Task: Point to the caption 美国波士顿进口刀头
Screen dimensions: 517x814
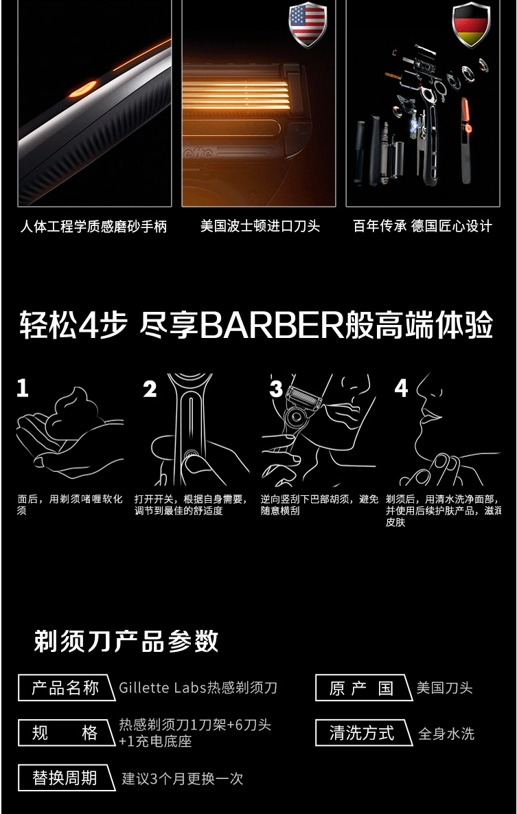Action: point(260,227)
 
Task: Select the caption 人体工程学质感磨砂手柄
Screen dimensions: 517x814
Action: point(93,227)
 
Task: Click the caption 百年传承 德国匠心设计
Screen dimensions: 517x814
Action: point(422,227)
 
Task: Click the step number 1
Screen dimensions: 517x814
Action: point(23,388)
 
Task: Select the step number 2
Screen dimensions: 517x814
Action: point(150,389)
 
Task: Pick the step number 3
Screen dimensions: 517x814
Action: point(276,389)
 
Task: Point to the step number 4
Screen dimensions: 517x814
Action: point(401,388)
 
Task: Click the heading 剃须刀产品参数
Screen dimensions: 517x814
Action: point(126,642)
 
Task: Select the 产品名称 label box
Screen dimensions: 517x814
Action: point(65,688)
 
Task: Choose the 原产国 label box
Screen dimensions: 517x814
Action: point(363,688)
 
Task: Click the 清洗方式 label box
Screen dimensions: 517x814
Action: point(363,733)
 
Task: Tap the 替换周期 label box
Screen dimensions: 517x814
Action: point(65,778)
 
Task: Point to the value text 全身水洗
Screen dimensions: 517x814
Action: point(446,734)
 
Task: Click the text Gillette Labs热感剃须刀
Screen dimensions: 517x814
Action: point(198,688)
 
